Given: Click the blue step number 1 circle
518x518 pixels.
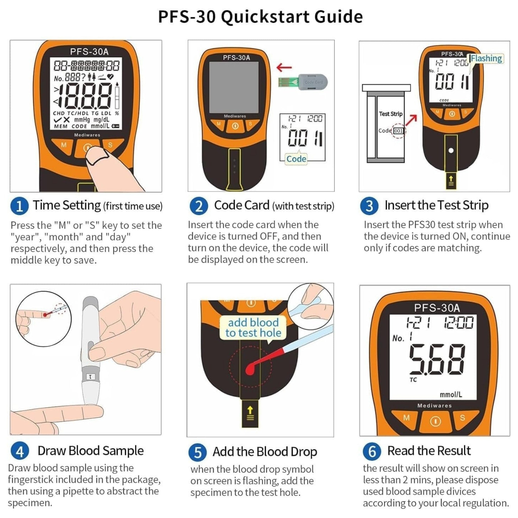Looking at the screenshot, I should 19,206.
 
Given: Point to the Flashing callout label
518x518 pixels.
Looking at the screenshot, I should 486,58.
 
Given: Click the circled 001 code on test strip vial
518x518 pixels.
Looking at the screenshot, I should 398,131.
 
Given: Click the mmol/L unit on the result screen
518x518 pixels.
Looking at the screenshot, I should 451,394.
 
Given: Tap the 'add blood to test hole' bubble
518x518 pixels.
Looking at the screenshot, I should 253,328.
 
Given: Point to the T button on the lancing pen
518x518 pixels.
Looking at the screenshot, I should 90,377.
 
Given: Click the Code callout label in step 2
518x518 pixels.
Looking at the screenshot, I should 296,159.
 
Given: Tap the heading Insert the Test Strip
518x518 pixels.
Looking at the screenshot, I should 436,205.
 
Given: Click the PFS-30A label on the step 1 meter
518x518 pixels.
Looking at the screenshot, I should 89,52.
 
